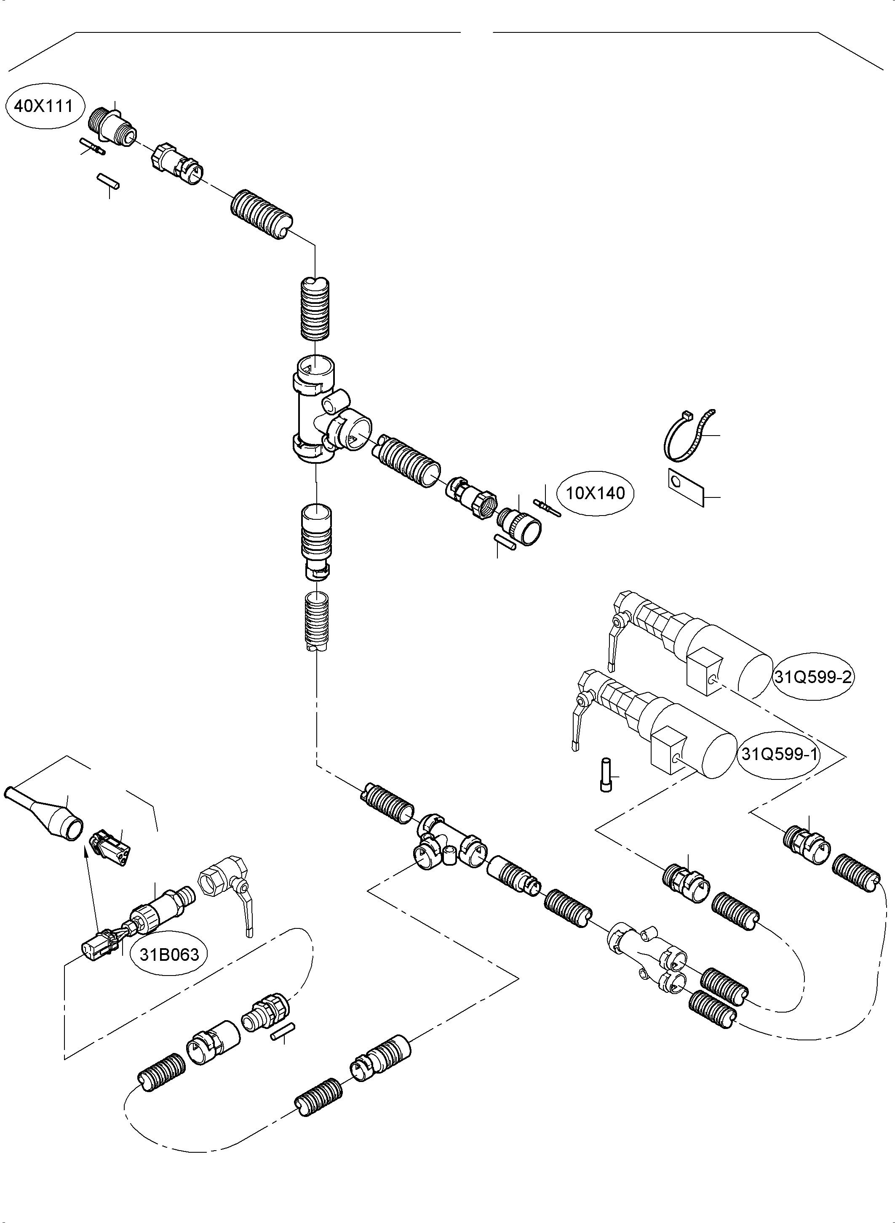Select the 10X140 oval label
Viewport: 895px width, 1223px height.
(595, 493)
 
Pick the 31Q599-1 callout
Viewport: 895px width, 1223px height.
(778, 754)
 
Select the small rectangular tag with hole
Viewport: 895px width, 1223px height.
(685, 486)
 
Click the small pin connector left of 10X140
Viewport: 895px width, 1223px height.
(548, 507)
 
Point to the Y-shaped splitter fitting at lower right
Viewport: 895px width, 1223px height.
(647, 954)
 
